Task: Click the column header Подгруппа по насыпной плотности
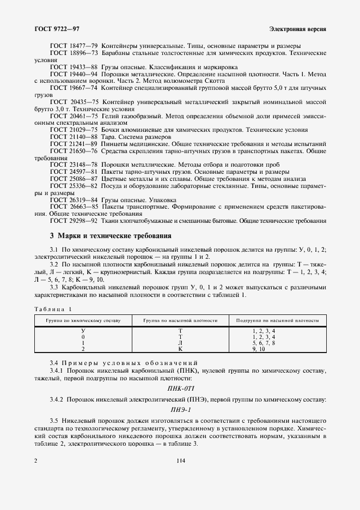coord(278,321)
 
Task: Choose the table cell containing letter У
coord(83,331)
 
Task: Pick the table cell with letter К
coord(180,349)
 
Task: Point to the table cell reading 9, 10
coord(263,349)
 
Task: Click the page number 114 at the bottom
coord(180,461)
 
